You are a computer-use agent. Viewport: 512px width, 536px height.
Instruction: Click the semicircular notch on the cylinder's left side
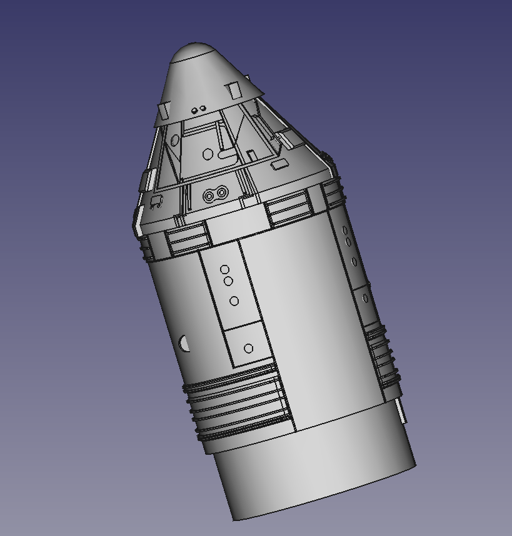pyautogui.click(x=184, y=342)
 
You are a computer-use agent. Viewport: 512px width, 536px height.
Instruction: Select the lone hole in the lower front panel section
pyautogui.click(x=249, y=348)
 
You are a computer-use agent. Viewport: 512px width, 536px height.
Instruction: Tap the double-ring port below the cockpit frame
pyautogui.click(x=214, y=196)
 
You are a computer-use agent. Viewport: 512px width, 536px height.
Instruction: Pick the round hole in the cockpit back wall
pyautogui.click(x=208, y=154)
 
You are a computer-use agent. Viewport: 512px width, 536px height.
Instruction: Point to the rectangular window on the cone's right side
pyautogui.click(x=235, y=91)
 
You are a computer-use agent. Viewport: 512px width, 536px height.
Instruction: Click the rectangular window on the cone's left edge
pyautogui.click(x=163, y=111)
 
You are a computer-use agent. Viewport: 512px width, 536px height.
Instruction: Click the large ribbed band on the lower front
pyautogui.click(x=238, y=403)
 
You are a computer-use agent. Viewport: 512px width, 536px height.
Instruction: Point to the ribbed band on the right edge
pyautogui.click(x=382, y=356)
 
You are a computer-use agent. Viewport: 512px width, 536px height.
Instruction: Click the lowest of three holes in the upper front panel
pyautogui.click(x=234, y=301)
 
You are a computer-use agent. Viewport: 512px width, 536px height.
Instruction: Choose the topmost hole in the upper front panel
pyautogui.click(x=224, y=270)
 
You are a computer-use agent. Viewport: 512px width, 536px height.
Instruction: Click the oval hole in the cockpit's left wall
pyautogui.click(x=174, y=140)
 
